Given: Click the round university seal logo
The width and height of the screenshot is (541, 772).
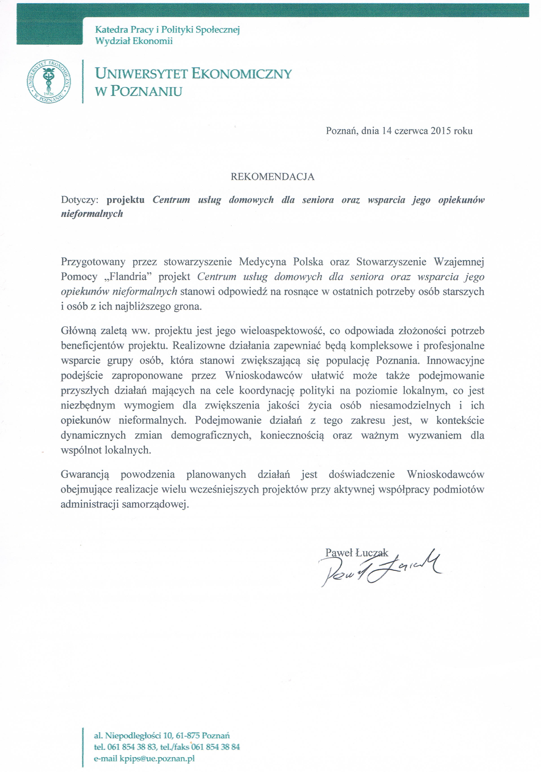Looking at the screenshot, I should coord(49,82).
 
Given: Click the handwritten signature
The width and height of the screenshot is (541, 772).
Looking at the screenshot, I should coord(380,568).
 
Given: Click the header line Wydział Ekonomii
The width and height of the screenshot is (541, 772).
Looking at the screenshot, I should coord(134,41).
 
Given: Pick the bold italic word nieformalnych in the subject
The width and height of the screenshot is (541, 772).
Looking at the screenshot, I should coord(92,214).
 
